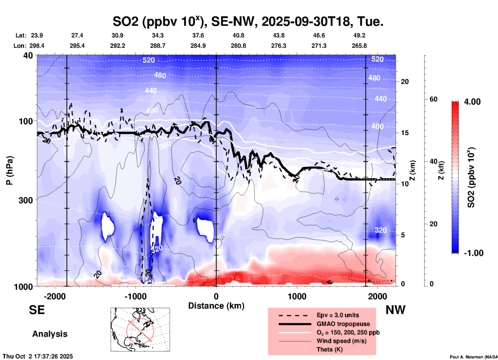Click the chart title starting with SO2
pyautogui.click(x=248, y=22)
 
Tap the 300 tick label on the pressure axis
pyautogui.click(x=26, y=200)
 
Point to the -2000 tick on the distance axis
pyautogui.click(x=55, y=296)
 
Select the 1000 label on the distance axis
pyautogui.click(x=297, y=296)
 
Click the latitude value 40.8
pyautogui.click(x=238, y=36)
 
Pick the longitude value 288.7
pyautogui.click(x=158, y=46)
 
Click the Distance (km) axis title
pyautogui.click(x=216, y=306)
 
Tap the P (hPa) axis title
pyautogui.click(x=10, y=170)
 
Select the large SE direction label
pyautogui.click(x=37, y=310)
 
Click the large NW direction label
pyautogui.click(x=395, y=310)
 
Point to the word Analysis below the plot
pyautogui.click(x=50, y=334)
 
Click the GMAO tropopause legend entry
pyautogui.click(x=343, y=324)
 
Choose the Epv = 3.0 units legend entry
pyautogui.click(x=338, y=315)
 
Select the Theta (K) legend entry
pyautogui.click(x=329, y=350)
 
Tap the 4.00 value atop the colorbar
pyautogui.click(x=472, y=102)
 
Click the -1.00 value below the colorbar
pyautogui.click(x=473, y=253)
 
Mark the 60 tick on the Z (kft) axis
pyautogui.click(x=433, y=99)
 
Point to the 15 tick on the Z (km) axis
pyautogui.click(x=405, y=133)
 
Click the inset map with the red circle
pyautogui.click(x=140, y=330)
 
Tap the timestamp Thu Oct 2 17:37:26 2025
pyautogui.click(x=38, y=356)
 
